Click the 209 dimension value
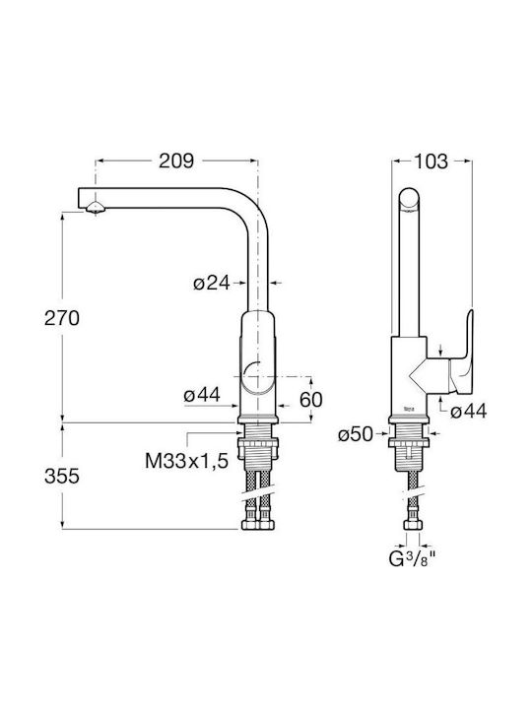pyautogui.click(x=176, y=161)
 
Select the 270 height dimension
pyautogui.click(x=62, y=318)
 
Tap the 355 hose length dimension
pyautogui.click(x=62, y=476)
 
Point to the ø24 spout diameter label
pyautogui.click(x=211, y=284)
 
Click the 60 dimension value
pyautogui.click(x=311, y=400)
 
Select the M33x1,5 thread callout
pyautogui.click(x=187, y=461)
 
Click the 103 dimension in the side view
pyautogui.click(x=431, y=161)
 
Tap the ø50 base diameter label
pyautogui.click(x=356, y=434)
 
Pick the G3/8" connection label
pyautogui.click(x=412, y=559)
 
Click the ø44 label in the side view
pyautogui.click(x=469, y=411)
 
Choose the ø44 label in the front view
pyautogui.click(x=202, y=395)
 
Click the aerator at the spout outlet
pyautogui.click(x=95, y=208)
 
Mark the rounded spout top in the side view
pyautogui.click(x=410, y=199)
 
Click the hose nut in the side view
pyautogui.click(x=413, y=525)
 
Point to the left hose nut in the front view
pyautogui.click(x=249, y=525)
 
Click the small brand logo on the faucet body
pyautogui.click(x=409, y=410)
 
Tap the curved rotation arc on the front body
pyautogui.click(x=250, y=367)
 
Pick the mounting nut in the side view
pyautogui.click(x=409, y=443)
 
